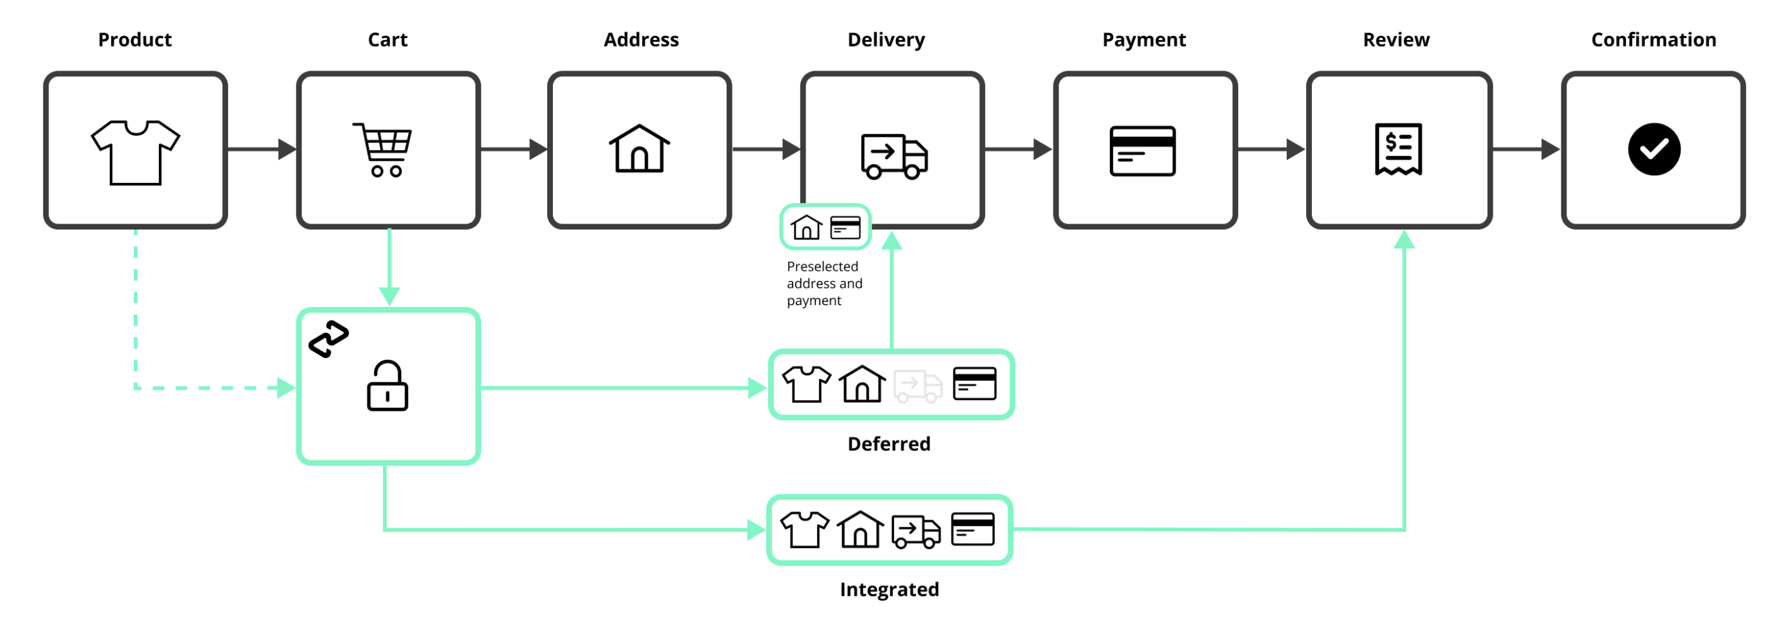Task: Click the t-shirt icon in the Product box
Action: (x=136, y=152)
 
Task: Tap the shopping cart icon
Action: (x=383, y=149)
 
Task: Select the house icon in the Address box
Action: (x=639, y=149)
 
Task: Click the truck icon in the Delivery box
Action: (x=894, y=156)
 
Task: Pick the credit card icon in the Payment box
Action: (x=1142, y=151)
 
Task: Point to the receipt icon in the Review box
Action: (x=1398, y=149)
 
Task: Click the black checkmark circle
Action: (x=1654, y=149)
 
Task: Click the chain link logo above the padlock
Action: (x=328, y=339)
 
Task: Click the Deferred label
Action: (x=888, y=443)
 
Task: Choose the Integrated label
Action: (x=888, y=589)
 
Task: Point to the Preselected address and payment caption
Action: (x=824, y=283)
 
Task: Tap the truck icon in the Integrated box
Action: (x=915, y=531)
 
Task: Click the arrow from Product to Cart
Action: (x=260, y=149)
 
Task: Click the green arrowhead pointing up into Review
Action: (x=1404, y=240)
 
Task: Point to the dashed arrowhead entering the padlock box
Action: (x=286, y=387)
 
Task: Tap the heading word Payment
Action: (x=1144, y=39)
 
